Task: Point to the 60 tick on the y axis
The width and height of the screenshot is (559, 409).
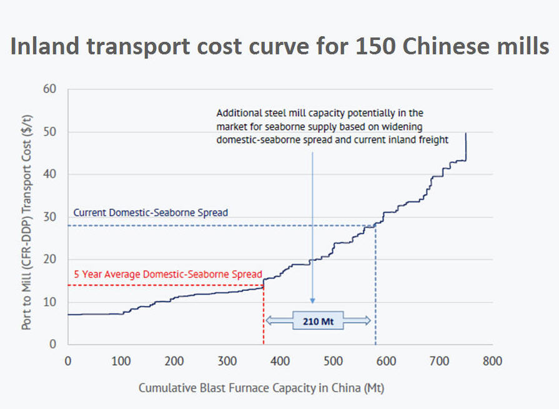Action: [x=50, y=89]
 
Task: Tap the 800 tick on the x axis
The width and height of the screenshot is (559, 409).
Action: [x=493, y=361]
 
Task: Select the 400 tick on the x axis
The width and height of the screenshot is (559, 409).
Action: [x=280, y=361]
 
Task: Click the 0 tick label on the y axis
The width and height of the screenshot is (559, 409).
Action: [x=53, y=344]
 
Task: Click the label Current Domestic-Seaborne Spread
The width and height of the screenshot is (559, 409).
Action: [x=151, y=212]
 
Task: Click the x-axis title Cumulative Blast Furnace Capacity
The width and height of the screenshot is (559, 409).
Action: [x=261, y=388]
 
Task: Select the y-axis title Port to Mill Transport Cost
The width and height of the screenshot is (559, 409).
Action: [x=27, y=216]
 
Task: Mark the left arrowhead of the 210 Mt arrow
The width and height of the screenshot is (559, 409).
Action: [x=269, y=320]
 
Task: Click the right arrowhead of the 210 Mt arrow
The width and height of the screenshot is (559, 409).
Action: [x=369, y=320]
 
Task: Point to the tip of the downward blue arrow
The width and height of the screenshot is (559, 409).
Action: [x=312, y=302]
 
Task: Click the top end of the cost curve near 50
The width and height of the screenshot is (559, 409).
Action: [x=466, y=134]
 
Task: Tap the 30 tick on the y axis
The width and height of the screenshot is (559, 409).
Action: [x=50, y=217]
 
